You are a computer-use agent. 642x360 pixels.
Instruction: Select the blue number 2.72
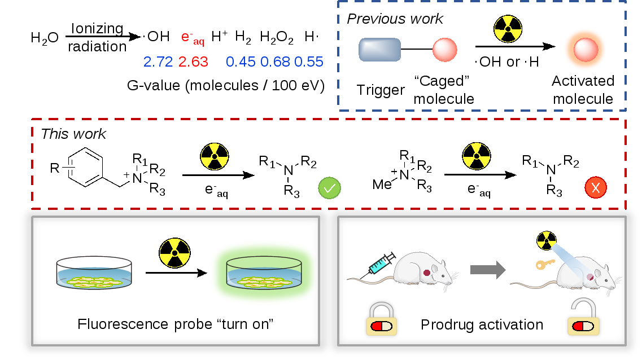pos(158,62)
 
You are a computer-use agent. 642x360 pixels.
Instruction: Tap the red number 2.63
pos(193,62)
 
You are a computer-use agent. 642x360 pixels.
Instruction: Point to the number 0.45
pos(241,62)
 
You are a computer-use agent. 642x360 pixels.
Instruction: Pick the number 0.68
pos(275,62)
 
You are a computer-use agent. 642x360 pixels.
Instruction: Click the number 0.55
pos(309,62)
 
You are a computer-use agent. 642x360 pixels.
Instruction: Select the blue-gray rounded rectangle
pos(379,50)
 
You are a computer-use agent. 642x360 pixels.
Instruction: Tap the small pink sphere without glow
pos(444,50)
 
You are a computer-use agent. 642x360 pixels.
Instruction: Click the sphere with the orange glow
pos(584,50)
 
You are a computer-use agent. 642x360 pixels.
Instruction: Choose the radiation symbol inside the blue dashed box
pos(508,29)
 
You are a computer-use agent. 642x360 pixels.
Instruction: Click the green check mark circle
pos(329,188)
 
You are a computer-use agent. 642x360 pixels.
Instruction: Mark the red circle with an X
pos(595,187)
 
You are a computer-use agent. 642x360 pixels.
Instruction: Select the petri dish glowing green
pos(264,273)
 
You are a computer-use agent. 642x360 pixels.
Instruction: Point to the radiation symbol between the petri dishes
pos(174,252)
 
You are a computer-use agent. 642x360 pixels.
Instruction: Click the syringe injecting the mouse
pos(382,264)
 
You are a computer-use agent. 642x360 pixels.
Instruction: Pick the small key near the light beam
pos(545,263)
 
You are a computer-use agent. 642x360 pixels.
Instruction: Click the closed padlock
pos(381,319)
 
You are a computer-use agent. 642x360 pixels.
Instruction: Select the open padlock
pos(583,318)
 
